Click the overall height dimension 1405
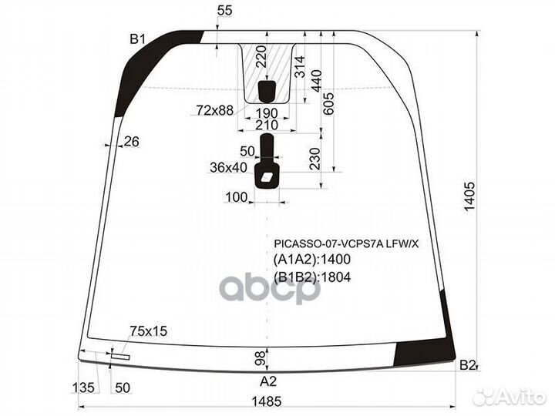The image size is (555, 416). [469, 197]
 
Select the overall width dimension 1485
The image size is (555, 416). [267, 401]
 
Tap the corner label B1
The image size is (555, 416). [138, 39]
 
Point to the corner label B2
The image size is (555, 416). [467, 365]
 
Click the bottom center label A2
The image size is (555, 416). [268, 381]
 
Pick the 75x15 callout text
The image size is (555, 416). [148, 331]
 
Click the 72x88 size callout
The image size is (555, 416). [215, 111]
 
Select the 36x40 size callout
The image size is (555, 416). [228, 167]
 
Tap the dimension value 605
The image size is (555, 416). [328, 103]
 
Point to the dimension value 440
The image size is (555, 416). [316, 81]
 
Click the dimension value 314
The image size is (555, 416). [300, 67]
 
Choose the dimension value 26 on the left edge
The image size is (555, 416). [131, 142]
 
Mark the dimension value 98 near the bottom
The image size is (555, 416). [261, 358]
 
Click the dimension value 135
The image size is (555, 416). [83, 388]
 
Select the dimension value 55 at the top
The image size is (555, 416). [225, 11]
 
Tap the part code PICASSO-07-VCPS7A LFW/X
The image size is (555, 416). [346, 243]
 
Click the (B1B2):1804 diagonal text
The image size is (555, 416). [312, 277]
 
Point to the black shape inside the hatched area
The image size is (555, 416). [267, 91]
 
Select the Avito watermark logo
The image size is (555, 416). [510, 397]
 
